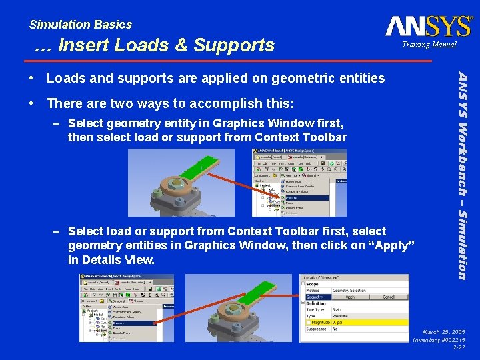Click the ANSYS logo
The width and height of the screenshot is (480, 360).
pyautogui.click(x=428, y=26)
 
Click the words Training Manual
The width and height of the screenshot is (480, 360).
pyautogui.click(x=429, y=45)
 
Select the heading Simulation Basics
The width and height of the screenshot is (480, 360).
pyautogui.click(x=81, y=25)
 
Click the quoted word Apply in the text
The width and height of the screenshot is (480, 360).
pyautogui.click(x=391, y=245)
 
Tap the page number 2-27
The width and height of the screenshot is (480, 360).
pyautogui.click(x=459, y=347)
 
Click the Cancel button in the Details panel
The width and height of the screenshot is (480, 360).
pyautogui.click(x=388, y=297)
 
